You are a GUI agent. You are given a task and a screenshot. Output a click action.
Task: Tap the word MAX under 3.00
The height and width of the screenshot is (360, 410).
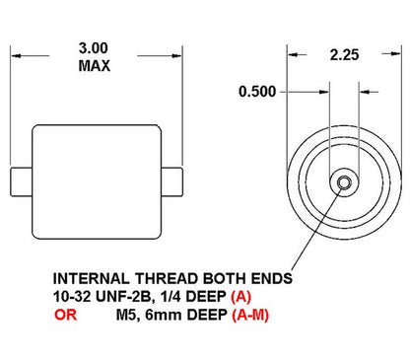(95, 66)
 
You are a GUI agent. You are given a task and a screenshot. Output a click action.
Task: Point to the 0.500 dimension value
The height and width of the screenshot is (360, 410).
(257, 92)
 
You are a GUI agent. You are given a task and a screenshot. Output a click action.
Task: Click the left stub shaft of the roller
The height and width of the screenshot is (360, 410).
(23, 181)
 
